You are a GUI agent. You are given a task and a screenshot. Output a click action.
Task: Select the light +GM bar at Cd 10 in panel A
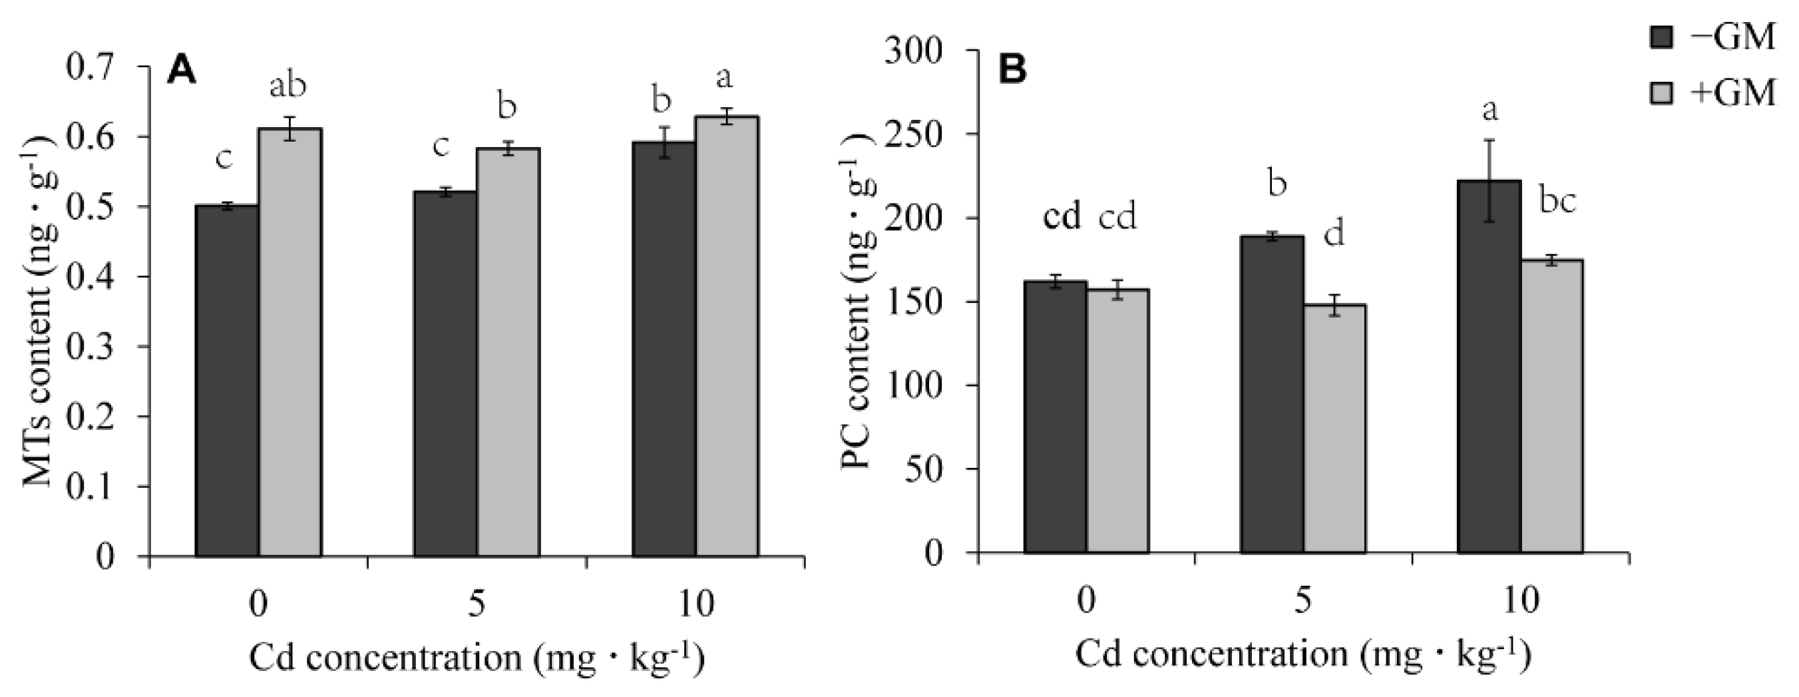pos(727,336)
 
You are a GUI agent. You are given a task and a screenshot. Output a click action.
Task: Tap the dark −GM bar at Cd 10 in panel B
pos(1489,367)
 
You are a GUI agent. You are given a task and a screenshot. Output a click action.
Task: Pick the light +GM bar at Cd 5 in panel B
pos(1334,429)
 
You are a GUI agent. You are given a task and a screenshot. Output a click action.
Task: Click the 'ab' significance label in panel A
pos(288,87)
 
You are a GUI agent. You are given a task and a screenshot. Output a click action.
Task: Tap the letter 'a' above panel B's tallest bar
pos(1489,111)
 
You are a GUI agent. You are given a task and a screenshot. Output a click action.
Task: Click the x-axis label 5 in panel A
pos(477,605)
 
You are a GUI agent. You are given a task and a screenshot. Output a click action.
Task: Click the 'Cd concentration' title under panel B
pos(1302,655)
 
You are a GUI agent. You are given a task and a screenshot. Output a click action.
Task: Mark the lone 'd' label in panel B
pos(1334,236)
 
